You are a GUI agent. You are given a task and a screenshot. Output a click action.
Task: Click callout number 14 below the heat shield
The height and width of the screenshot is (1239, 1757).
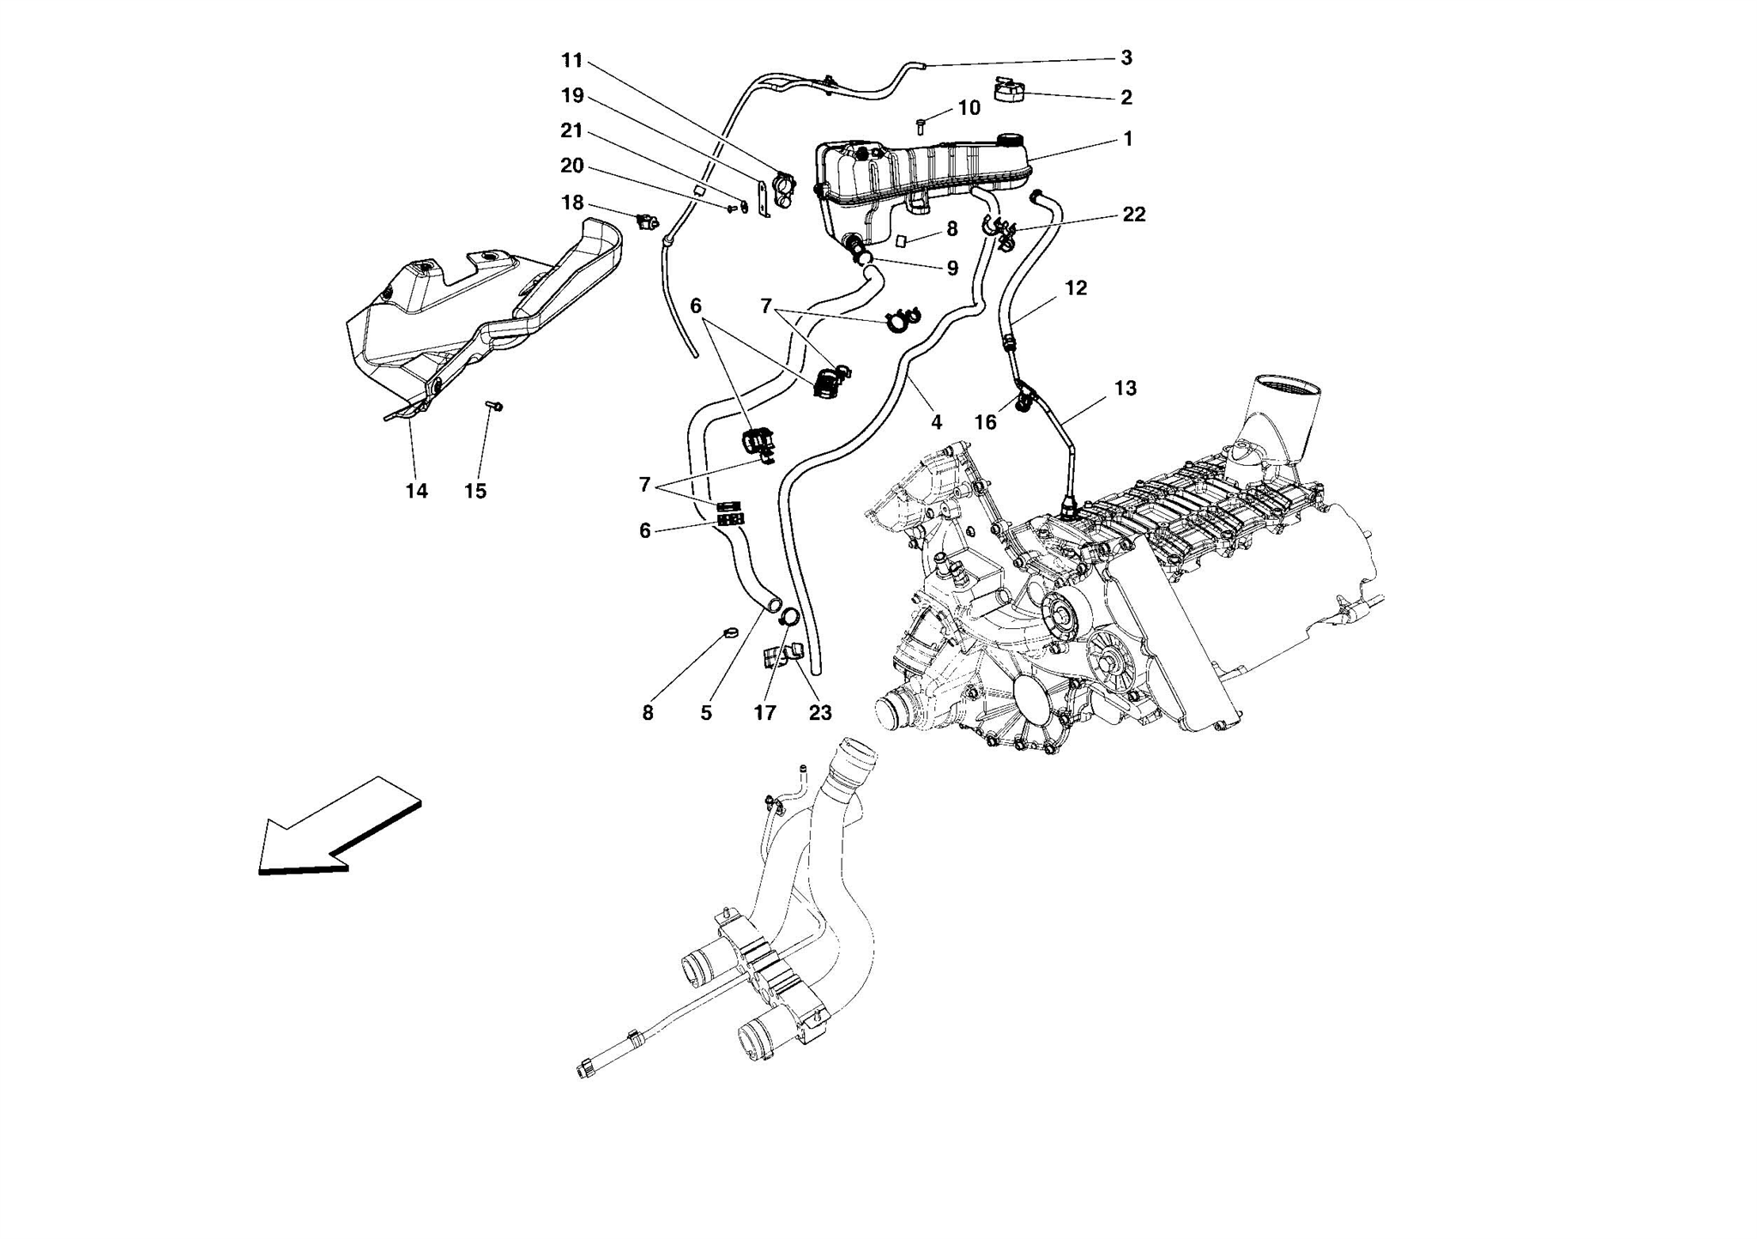(416, 491)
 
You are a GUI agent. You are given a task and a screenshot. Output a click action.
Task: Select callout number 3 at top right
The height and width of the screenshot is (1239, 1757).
(1126, 57)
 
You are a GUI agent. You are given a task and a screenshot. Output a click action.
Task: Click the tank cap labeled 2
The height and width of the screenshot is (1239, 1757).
(1010, 89)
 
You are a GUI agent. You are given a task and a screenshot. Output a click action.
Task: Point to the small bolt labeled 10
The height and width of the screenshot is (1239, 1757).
(920, 126)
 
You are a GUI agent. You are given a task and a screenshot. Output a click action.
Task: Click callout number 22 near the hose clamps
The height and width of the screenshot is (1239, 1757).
(1133, 215)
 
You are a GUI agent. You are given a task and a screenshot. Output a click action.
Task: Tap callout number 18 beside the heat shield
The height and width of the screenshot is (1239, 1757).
(572, 202)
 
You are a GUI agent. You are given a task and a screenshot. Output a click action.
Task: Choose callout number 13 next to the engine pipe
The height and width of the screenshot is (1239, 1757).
(1125, 389)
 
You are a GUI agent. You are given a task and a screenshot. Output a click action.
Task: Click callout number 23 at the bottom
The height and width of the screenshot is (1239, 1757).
(820, 712)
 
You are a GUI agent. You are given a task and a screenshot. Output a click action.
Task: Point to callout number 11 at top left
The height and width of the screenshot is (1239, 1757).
(572, 60)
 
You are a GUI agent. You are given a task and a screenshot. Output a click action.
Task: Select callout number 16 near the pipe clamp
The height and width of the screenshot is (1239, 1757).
(985, 422)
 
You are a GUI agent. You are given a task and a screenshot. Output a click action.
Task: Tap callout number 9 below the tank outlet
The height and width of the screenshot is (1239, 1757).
(952, 269)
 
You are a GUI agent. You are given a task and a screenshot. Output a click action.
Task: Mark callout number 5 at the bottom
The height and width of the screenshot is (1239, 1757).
(705, 712)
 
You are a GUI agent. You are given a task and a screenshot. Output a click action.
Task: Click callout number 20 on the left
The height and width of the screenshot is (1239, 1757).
(572, 166)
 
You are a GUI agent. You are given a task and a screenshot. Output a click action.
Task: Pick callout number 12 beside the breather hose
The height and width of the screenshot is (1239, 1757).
(1075, 288)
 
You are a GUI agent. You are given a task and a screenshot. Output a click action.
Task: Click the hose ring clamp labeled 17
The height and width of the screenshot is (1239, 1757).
(788, 616)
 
